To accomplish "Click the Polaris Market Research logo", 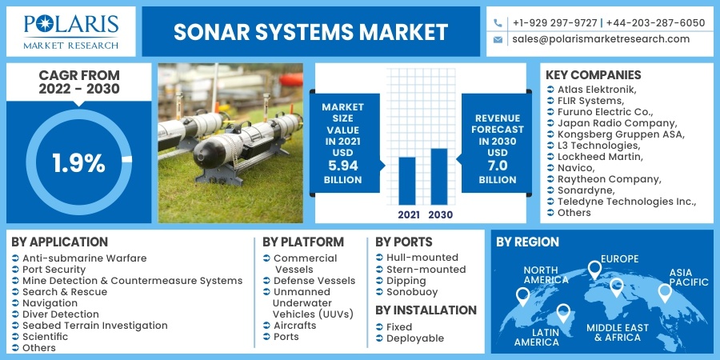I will click(70, 31).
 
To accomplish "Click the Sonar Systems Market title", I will click(311, 32).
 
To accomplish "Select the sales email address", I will click(601, 39).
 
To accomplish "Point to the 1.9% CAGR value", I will click(78, 163).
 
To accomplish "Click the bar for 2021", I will click(407, 180).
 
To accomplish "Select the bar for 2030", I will click(439, 176).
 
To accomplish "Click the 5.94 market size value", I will click(342, 166).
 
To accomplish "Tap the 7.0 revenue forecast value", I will click(498, 166).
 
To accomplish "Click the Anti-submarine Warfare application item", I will click(84, 258).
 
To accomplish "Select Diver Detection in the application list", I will click(61, 314).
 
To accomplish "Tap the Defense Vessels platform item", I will click(314, 281).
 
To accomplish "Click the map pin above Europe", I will click(594, 269).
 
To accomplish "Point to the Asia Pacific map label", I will click(689, 277).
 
